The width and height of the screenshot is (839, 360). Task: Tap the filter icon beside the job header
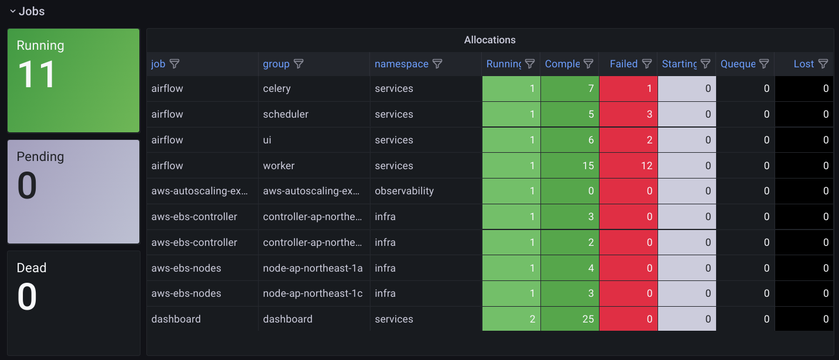point(174,64)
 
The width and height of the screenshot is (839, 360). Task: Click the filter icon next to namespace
point(437,64)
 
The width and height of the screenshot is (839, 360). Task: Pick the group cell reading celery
point(277,88)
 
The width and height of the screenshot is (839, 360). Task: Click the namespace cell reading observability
point(404,191)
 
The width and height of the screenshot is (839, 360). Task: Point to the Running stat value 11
point(37,75)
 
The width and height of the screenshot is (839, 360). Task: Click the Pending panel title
point(40,156)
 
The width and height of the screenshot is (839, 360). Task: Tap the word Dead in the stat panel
point(31,268)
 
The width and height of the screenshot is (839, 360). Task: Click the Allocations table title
point(489,40)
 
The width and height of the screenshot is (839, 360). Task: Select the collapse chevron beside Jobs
point(12,11)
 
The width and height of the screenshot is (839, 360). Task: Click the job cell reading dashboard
point(176,319)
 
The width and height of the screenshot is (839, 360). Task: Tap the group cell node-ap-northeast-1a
point(313,268)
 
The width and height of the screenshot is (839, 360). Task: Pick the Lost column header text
point(804,64)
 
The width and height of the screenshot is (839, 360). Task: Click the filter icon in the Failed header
point(647,64)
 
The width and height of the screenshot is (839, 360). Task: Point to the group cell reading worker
point(279,166)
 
